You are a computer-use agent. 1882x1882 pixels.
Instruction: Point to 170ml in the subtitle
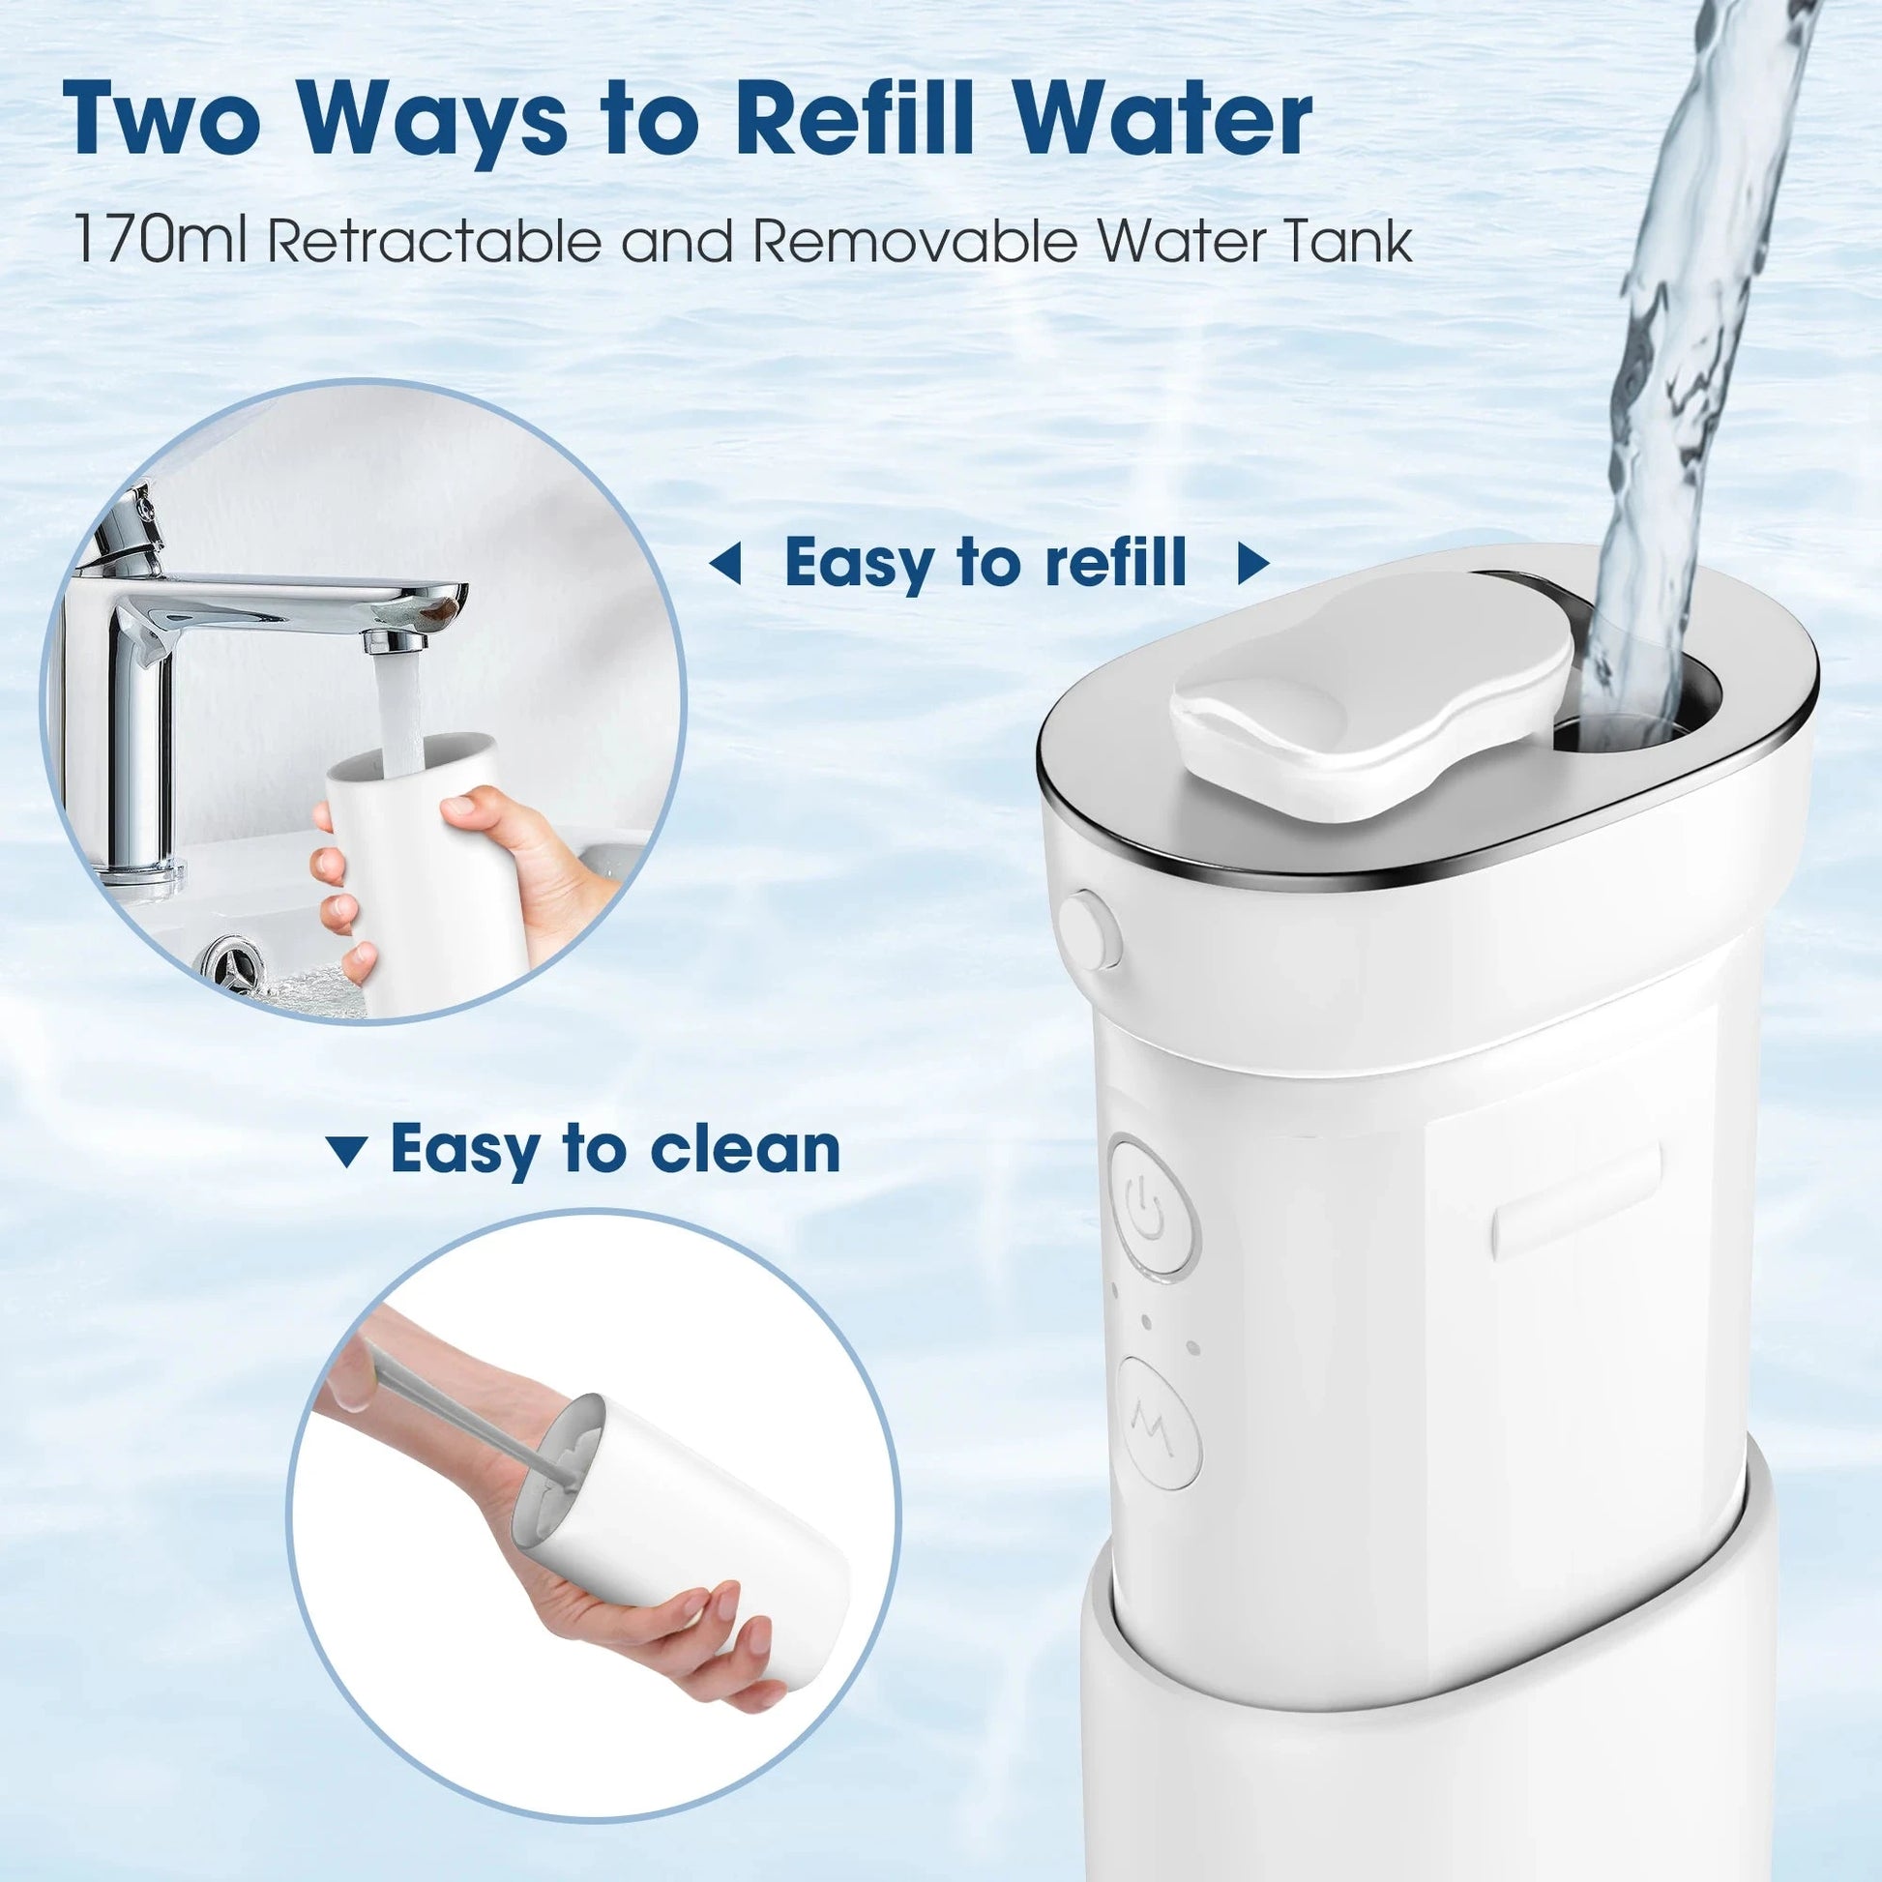coord(160,241)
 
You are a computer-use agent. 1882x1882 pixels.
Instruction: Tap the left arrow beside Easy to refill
coord(725,564)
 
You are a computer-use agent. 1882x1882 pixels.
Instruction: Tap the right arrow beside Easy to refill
coord(1252,564)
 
